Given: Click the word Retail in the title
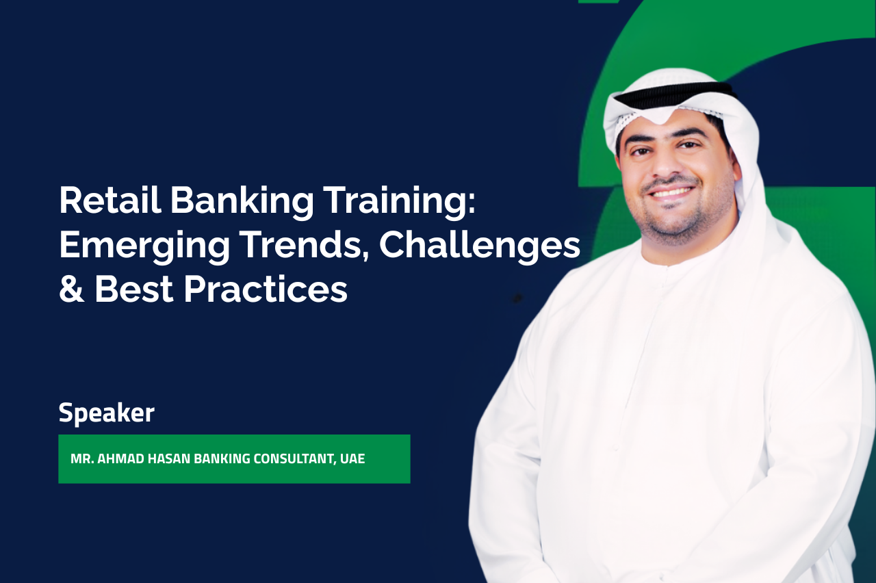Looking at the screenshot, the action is click(110, 200).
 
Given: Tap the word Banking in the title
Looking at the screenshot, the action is click(242, 201).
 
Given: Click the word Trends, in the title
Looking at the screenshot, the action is click(306, 244).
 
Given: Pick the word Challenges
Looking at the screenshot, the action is click(480, 244).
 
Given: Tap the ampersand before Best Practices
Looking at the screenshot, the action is click(72, 289).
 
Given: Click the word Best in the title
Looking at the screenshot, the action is click(134, 289).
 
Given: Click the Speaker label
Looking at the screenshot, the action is click(107, 413).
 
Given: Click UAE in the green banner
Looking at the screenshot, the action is click(352, 458).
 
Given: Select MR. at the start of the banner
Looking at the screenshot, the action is click(82, 458).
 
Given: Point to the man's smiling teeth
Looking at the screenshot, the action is click(670, 193).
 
